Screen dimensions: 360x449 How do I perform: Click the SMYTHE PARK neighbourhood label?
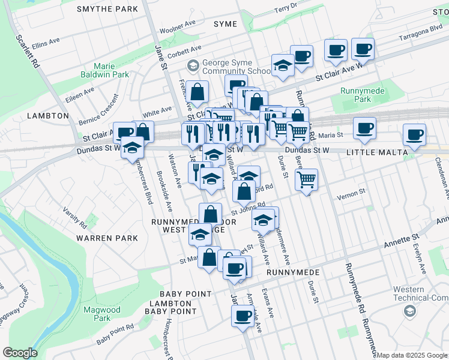107,9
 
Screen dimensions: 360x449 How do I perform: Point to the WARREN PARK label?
107,238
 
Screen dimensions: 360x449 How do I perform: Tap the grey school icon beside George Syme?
193,64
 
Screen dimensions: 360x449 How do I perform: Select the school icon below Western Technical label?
409,310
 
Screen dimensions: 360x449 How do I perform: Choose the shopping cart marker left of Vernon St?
306,179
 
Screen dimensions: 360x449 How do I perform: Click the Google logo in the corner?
20,353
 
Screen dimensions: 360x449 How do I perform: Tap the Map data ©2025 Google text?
412,355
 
